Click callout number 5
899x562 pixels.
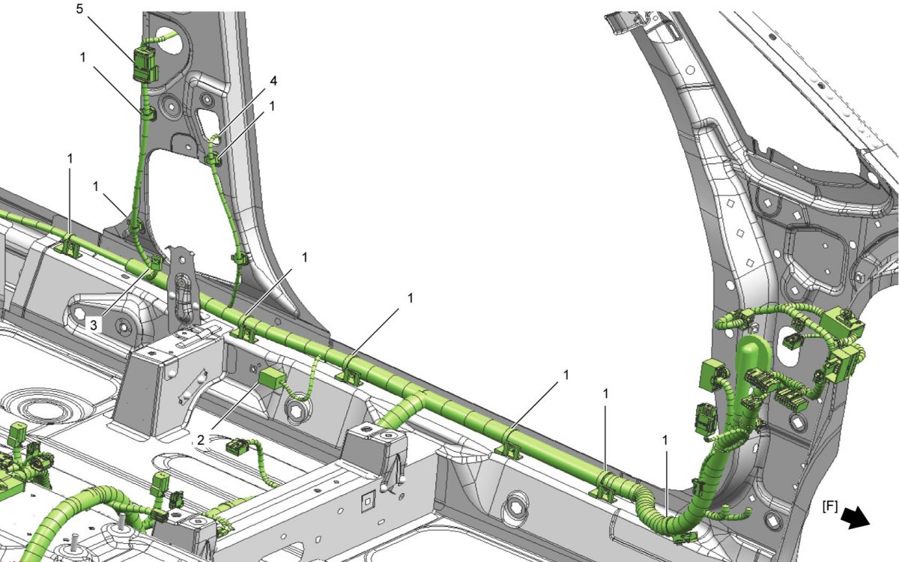click(x=79, y=8)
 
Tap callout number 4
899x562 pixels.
click(x=273, y=81)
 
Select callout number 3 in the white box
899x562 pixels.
click(x=94, y=324)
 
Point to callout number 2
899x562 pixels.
click(x=201, y=441)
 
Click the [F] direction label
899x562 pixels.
click(x=829, y=507)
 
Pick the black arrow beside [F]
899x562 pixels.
click(x=855, y=518)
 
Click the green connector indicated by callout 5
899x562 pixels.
click(x=145, y=64)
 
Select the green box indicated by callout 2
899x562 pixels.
click(x=272, y=378)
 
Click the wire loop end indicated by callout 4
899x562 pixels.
click(x=216, y=139)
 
